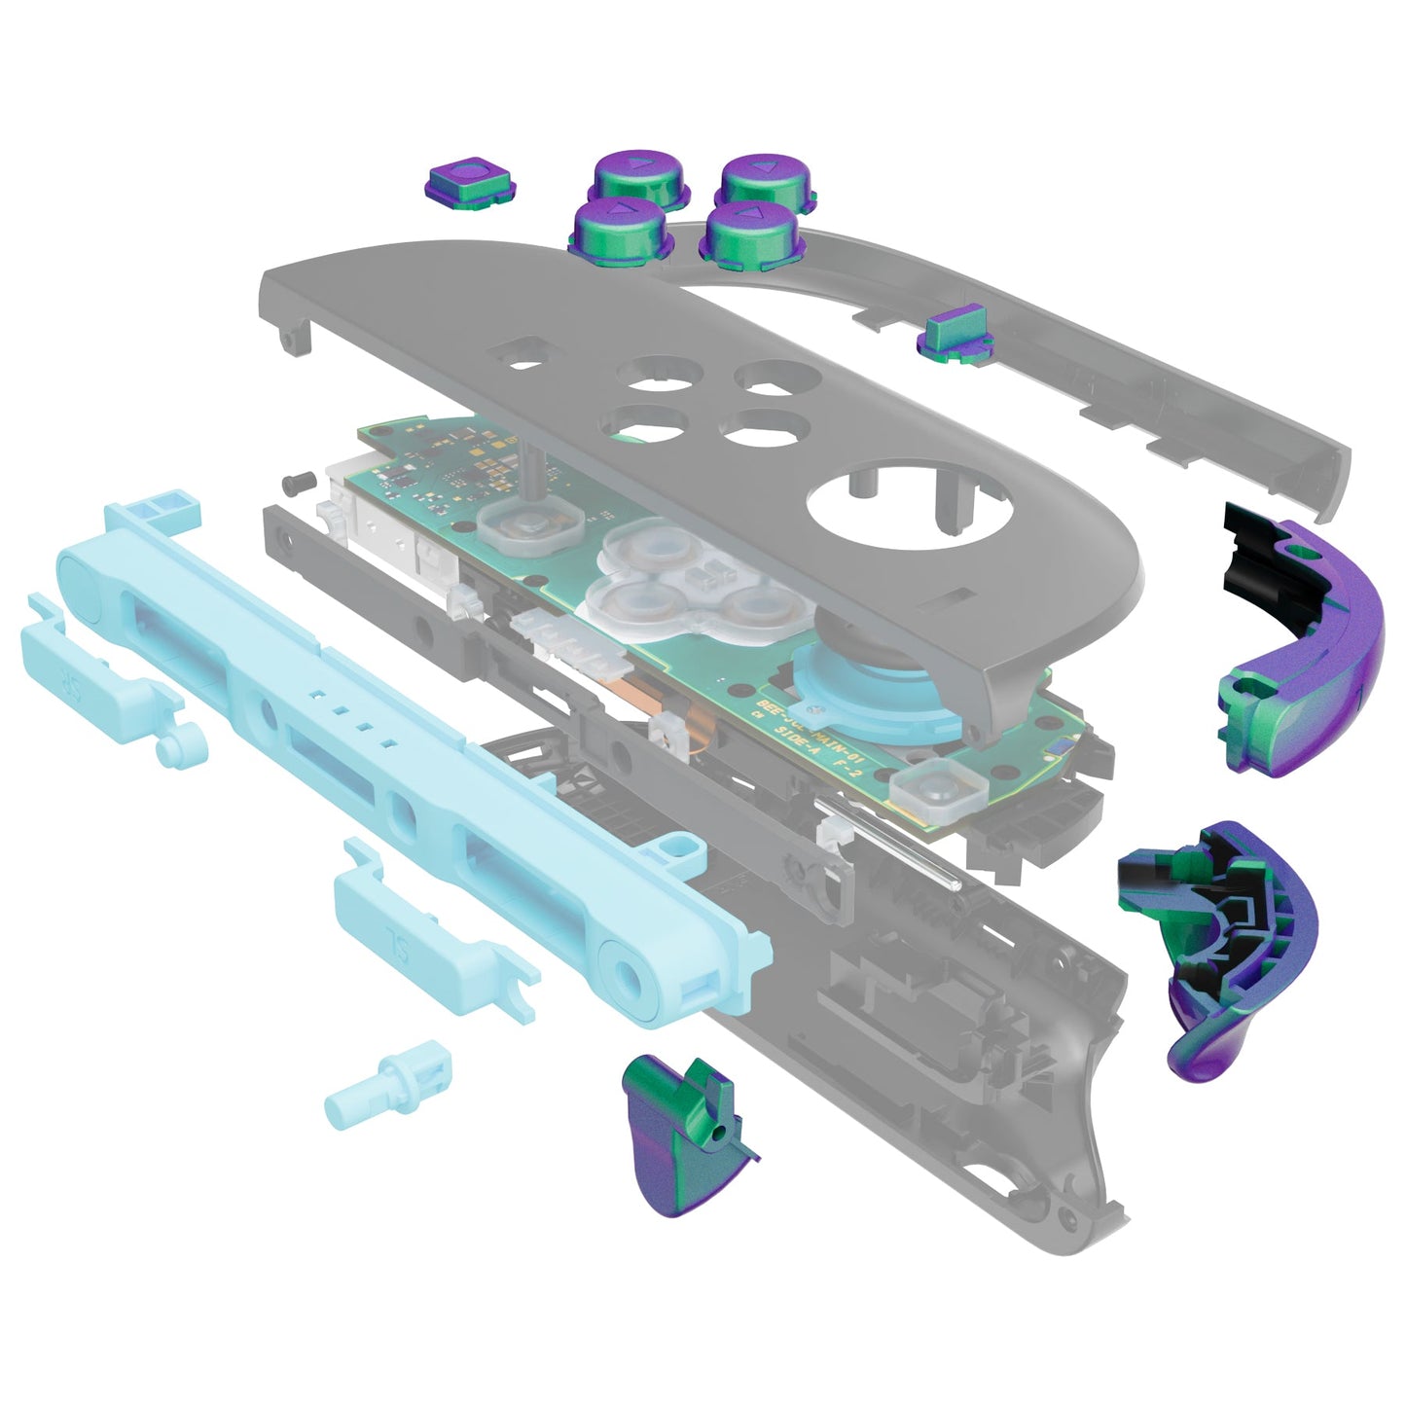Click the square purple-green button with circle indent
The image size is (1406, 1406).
tap(471, 182)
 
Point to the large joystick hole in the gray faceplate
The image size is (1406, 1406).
tap(910, 507)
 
